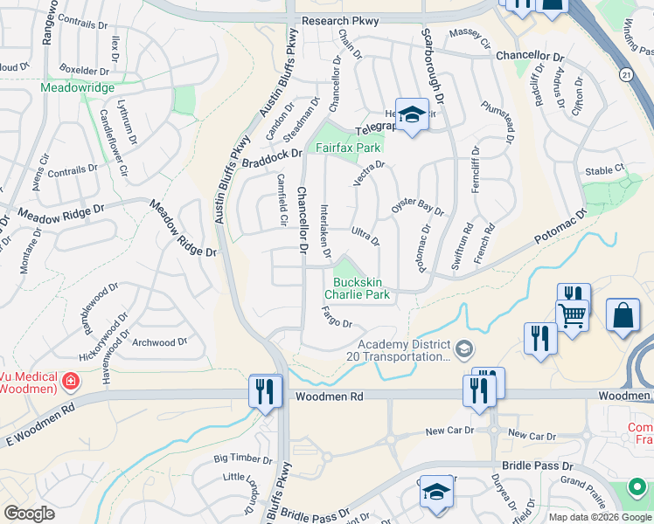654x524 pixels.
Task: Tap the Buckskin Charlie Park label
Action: (x=361, y=289)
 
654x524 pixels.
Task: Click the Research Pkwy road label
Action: (x=337, y=20)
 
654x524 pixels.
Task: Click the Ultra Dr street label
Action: (x=365, y=236)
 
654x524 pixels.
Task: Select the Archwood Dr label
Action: (x=159, y=342)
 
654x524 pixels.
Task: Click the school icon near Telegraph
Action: (x=411, y=114)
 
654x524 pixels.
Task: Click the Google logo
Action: (x=30, y=514)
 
